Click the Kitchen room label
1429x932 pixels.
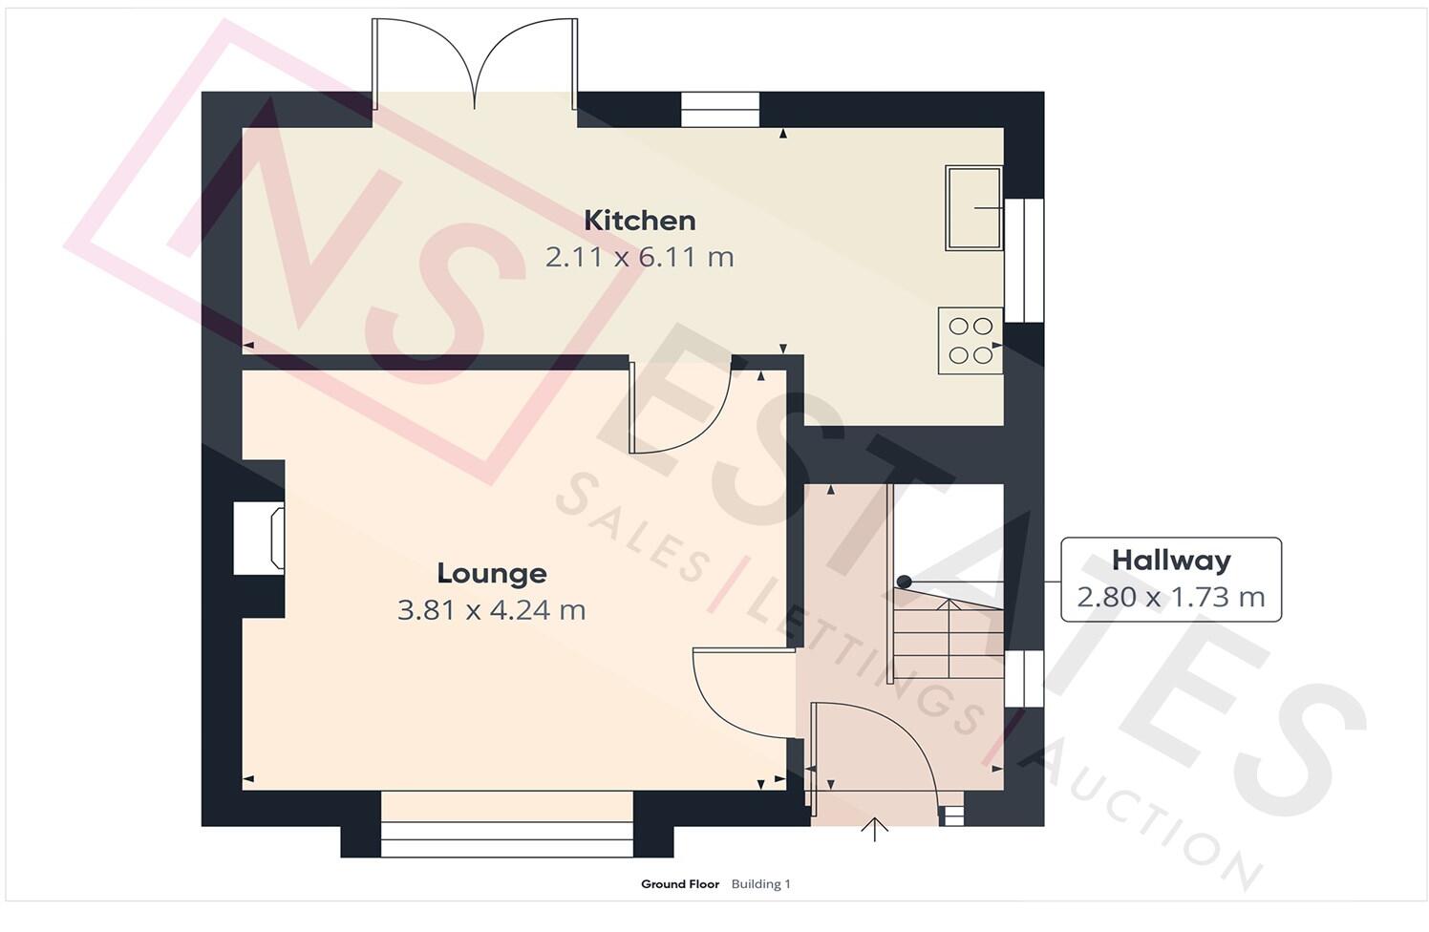click(639, 221)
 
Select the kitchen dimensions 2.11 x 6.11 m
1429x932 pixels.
click(639, 257)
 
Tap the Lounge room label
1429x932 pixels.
click(491, 573)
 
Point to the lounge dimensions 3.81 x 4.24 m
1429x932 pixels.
click(491, 609)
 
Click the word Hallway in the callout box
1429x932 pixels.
click(1170, 561)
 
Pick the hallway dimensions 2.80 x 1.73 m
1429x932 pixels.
click(1170, 597)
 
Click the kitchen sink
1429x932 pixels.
click(973, 207)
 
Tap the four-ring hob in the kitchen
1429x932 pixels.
click(970, 341)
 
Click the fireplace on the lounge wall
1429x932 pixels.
click(260, 540)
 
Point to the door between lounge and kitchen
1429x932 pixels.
click(678, 406)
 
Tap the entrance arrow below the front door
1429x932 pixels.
click(874, 829)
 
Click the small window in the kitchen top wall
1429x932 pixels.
click(719, 109)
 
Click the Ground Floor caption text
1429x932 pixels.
click(679, 884)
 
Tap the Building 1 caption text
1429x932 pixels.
click(760, 884)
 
